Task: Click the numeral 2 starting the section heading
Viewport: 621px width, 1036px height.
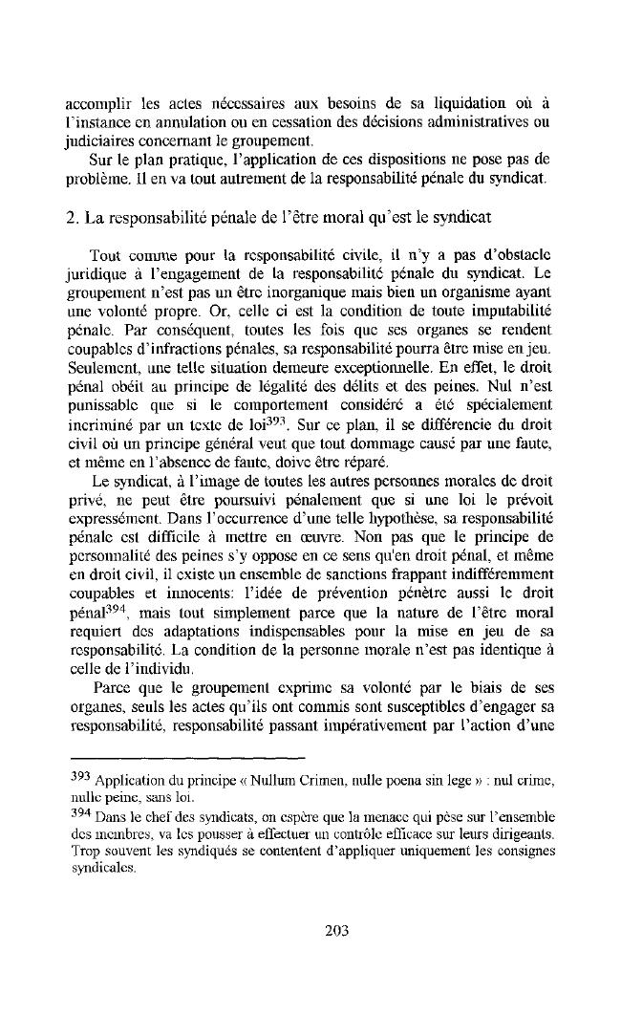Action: click(71, 217)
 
